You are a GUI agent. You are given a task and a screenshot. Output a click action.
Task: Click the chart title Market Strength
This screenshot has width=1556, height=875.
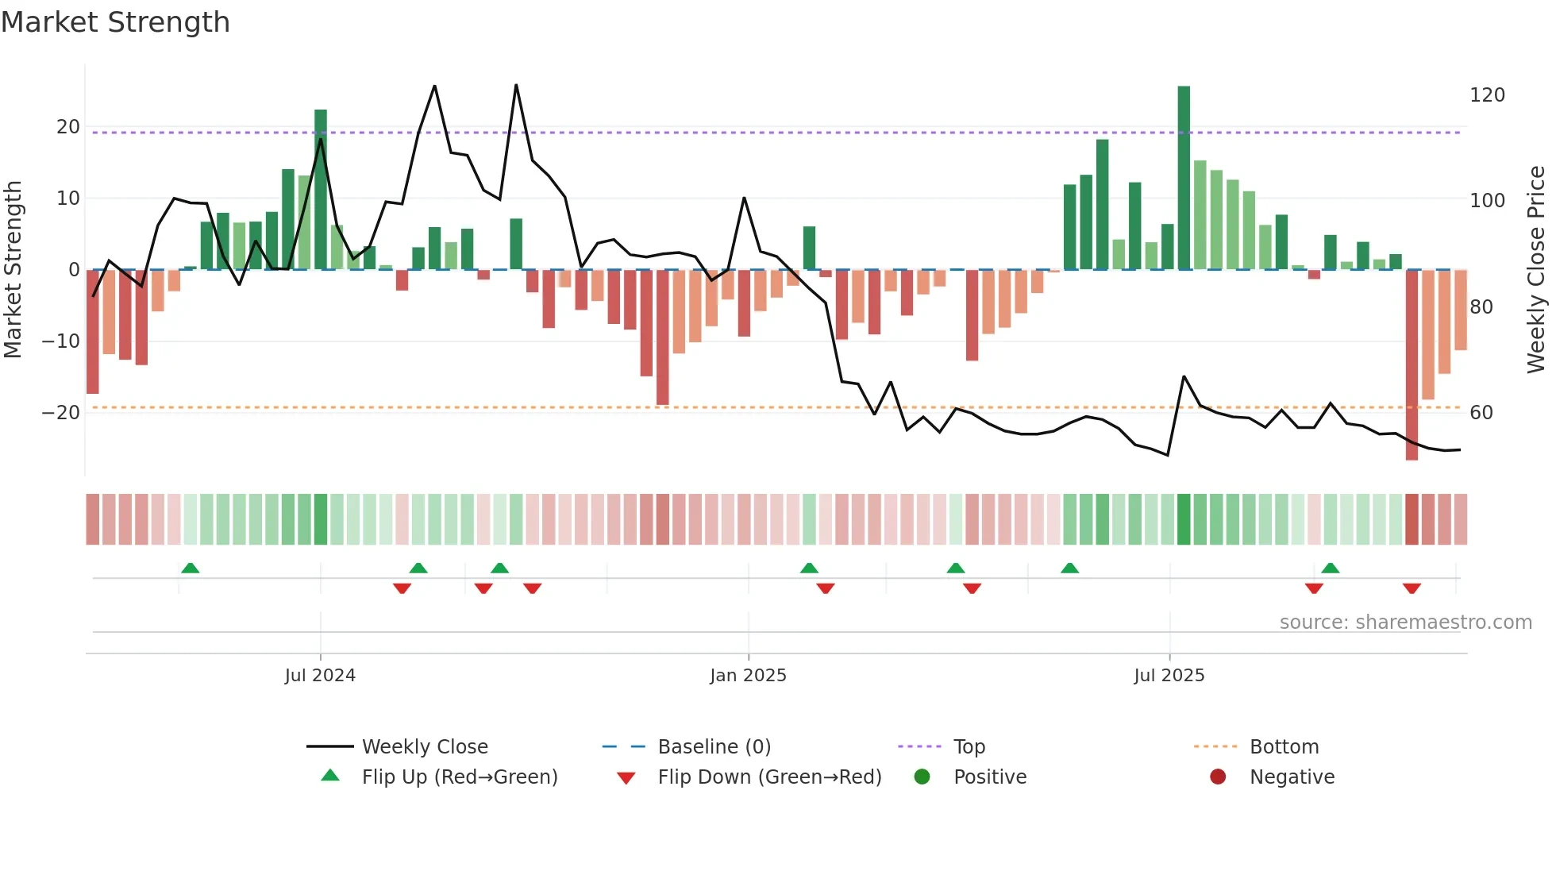coord(115,22)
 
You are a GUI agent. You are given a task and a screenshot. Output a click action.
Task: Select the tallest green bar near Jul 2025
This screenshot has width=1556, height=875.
coord(1184,178)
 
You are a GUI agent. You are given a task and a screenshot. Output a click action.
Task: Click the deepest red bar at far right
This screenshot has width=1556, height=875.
coord(1412,365)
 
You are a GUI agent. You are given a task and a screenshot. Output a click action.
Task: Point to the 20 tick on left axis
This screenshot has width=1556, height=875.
coord(68,127)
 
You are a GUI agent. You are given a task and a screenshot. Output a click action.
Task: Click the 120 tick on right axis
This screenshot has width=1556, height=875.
coord(1487,95)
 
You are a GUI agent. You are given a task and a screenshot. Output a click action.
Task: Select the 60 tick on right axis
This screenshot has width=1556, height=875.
coord(1481,413)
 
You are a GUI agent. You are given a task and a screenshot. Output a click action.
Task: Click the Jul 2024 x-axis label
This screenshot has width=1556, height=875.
coord(320,676)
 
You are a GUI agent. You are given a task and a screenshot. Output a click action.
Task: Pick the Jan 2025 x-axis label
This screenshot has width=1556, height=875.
coord(748,676)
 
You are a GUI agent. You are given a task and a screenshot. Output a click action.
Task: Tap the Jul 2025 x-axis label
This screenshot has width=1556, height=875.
coord(1169,676)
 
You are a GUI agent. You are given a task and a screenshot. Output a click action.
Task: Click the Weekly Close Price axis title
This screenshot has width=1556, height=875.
coord(1536,270)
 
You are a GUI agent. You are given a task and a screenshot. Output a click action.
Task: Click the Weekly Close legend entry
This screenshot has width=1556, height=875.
coord(424,747)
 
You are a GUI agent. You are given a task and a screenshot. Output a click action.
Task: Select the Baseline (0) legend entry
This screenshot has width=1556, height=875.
coord(714,747)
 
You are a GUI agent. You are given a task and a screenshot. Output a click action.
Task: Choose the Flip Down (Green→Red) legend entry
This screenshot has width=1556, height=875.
coord(768,777)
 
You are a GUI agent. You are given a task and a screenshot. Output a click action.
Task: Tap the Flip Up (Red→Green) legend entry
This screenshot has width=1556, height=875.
coord(459,777)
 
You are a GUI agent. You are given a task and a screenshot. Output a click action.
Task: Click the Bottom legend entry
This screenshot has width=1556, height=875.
coord(1283,747)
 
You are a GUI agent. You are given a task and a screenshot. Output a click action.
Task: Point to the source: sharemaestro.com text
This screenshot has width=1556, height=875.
coord(1405,623)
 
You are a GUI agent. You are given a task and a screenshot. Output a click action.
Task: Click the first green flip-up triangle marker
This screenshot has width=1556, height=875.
coord(190,569)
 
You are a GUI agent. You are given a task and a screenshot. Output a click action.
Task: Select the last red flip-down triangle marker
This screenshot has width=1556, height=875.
coord(1412,588)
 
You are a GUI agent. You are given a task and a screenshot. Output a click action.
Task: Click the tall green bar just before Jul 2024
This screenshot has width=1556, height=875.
coord(321,190)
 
